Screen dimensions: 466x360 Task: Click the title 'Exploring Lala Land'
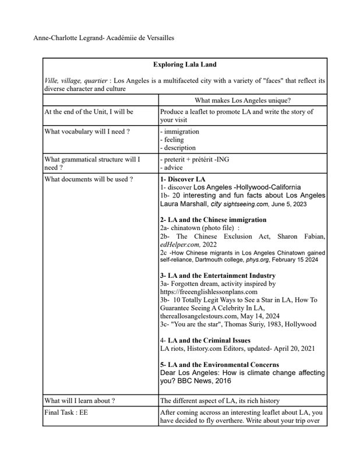coord(184,65)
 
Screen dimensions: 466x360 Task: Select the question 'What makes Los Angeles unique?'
coord(243,100)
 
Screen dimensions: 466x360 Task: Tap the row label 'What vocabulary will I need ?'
coord(87,132)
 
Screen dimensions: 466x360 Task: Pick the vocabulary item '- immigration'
coord(179,132)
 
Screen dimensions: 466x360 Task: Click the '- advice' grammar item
coord(173,168)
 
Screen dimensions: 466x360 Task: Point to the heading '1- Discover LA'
coord(182,179)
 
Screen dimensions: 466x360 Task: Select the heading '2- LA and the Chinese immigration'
coord(213,220)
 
